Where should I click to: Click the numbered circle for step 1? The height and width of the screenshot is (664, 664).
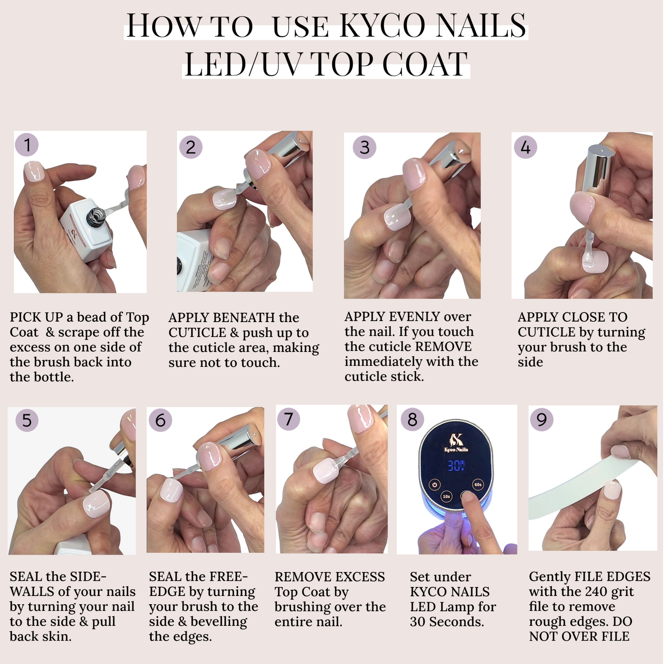tap(27, 145)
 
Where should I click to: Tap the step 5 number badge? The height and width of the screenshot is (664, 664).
tap(27, 420)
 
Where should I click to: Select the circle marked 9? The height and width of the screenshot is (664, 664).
tap(541, 420)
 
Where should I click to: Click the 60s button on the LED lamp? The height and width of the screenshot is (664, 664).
tap(478, 484)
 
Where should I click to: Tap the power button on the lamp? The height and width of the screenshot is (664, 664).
tap(435, 484)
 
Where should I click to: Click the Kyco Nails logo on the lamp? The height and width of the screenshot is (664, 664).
tap(456, 443)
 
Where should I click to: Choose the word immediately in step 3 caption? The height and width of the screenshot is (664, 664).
tap(376, 362)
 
